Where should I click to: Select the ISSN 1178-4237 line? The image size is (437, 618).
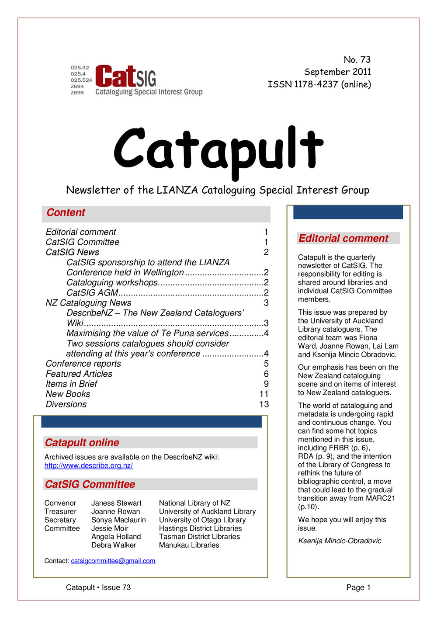pyautogui.click(x=319, y=84)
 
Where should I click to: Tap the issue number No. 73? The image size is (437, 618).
pyautogui.click(x=357, y=59)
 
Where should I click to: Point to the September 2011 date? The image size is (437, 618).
pyautogui.click(x=337, y=72)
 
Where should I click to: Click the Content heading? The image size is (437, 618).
pyautogui.click(x=66, y=213)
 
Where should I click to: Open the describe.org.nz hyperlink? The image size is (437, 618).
pyautogui.click(x=88, y=465)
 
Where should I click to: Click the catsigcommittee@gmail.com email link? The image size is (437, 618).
pyautogui.click(x=113, y=561)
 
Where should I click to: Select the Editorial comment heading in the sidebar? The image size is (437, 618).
pyautogui.click(x=343, y=238)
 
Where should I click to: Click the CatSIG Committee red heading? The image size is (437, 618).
pyautogui.click(x=90, y=484)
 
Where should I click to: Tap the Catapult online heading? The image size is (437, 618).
pyautogui.click(x=82, y=443)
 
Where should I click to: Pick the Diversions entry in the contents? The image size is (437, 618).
pyautogui.click(x=66, y=404)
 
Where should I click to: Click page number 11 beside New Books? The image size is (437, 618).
pyautogui.click(x=264, y=394)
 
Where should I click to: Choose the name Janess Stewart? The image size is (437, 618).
pyautogui.click(x=116, y=503)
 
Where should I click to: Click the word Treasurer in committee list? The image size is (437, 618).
pyautogui.click(x=60, y=511)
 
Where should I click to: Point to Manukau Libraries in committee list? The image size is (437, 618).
pyautogui.click(x=189, y=545)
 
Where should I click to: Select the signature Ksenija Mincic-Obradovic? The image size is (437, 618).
pyautogui.click(x=340, y=541)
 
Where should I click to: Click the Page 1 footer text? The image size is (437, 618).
pyautogui.click(x=358, y=587)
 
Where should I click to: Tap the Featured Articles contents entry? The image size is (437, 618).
pyautogui.click(x=79, y=374)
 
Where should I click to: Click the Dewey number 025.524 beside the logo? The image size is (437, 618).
pyautogui.click(x=81, y=80)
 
